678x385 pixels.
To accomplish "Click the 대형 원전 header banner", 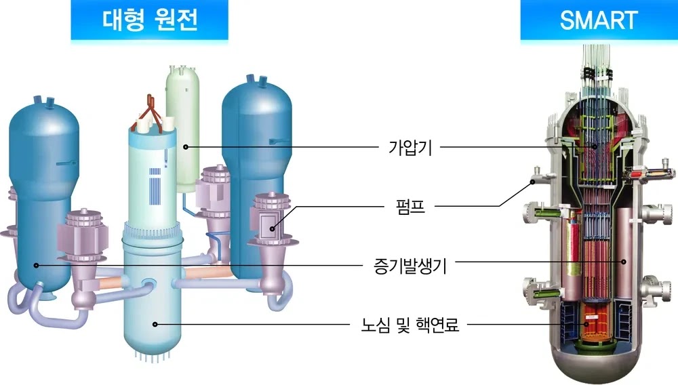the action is point(149,20).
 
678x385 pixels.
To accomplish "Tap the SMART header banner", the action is point(599,20).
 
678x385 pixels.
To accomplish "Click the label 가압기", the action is point(410,147).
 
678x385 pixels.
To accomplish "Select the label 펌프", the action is point(410,206).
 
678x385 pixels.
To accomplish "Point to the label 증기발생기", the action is point(410,265).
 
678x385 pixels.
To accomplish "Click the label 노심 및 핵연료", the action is point(410,325).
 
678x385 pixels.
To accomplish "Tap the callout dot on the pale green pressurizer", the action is point(186,147).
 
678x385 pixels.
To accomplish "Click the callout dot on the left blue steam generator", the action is point(37,265).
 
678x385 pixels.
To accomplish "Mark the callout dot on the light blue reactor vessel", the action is point(155,324).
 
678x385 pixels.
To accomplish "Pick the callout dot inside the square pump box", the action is point(272,228).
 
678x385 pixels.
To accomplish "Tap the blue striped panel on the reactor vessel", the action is point(155,186).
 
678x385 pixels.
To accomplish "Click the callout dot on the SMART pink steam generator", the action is point(624,262).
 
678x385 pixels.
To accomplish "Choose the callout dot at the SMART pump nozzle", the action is point(533,182).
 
